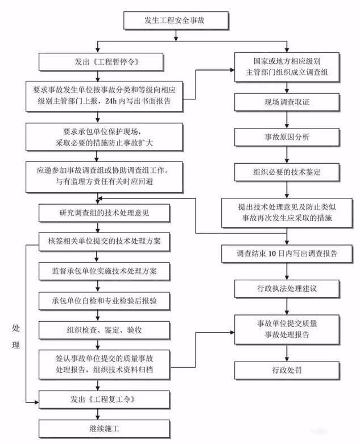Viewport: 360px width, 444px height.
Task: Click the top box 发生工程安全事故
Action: click(177, 21)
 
